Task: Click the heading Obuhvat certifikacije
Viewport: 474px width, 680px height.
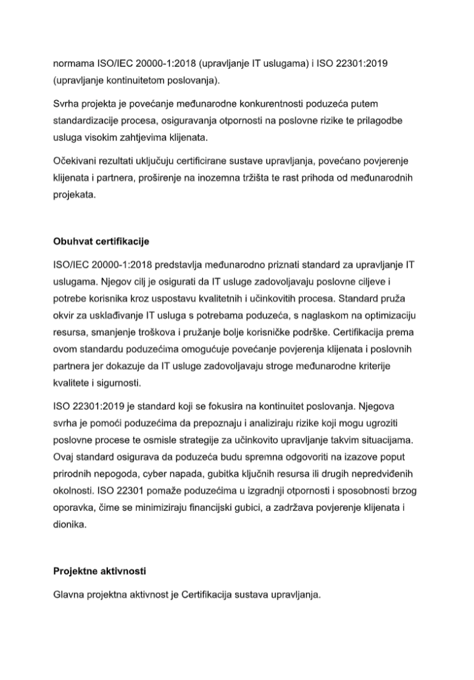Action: tap(101, 240)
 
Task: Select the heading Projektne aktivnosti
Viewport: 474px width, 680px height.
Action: tap(99, 571)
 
